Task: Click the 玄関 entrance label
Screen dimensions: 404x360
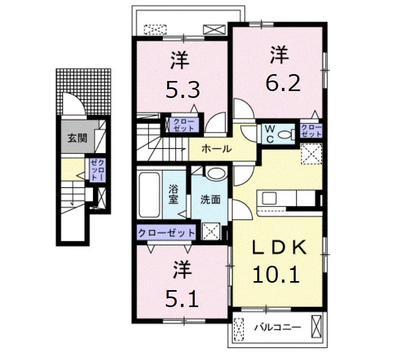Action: click(77, 138)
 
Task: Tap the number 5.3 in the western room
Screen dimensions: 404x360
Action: click(182, 90)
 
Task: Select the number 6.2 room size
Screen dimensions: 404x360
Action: click(283, 83)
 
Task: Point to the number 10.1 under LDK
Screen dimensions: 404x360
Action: click(276, 274)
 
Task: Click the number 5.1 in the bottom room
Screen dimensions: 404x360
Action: click(182, 299)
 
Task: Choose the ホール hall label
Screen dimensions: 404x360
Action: click(217, 149)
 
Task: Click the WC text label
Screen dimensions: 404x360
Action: click(270, 134)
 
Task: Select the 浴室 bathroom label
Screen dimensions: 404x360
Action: click(173, 195)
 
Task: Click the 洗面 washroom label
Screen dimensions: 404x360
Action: click(210, 200)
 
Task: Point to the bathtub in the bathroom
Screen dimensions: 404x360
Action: click(149, 195)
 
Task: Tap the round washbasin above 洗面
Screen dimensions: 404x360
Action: click(216, 174)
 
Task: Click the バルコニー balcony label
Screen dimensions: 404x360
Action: click(278, 328)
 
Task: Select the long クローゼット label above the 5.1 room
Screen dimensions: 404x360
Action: click(167, 233)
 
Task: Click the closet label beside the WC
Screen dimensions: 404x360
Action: click(311, 131)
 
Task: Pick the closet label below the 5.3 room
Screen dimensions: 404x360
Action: click(183, 125)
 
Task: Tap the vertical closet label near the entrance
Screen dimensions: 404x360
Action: click(97, 170)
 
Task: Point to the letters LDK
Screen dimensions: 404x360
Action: click(280, 247)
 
